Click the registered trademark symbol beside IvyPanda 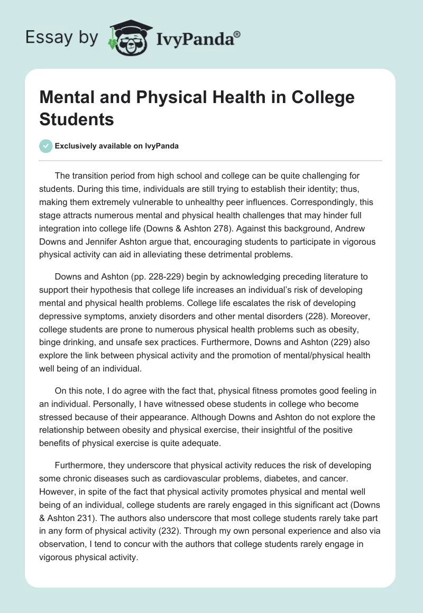pos(237,34)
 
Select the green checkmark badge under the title pos(46,146)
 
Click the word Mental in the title pos(70,98)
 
